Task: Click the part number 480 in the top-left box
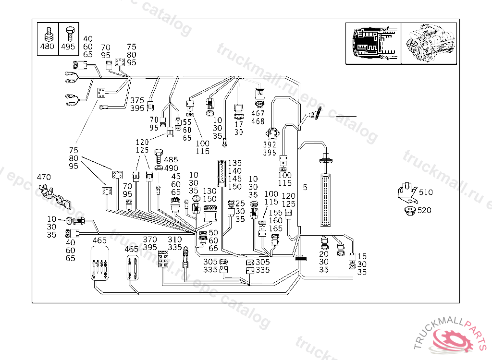48,47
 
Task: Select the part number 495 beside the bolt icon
68,47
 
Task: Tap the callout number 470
43,178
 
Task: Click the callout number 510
425,192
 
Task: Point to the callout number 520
425,210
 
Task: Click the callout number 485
171,159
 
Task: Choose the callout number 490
171,168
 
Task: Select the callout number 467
258,113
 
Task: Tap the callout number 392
270,144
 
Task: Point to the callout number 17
239,124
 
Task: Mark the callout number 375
137,100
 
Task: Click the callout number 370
150,240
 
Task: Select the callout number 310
175,240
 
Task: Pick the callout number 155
275,213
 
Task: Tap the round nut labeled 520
410,210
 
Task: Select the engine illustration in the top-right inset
429,43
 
